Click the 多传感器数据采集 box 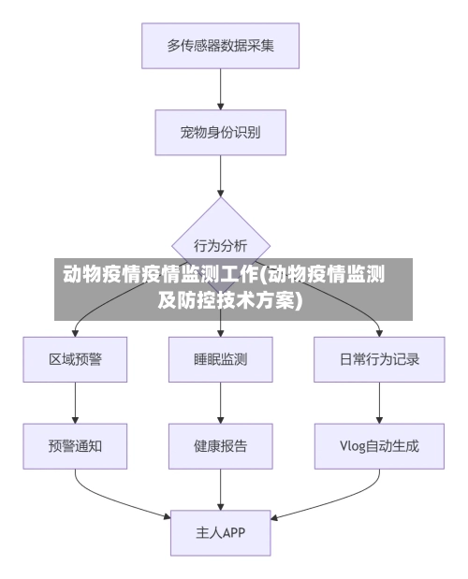click(221, 45)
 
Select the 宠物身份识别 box click(221, 133)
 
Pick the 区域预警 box click(75, 358)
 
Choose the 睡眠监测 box click(221, 358)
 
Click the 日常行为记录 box click(379, 358)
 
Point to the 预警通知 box click(75, 446)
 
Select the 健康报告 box click(221, 446)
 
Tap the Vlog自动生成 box click(379, 446)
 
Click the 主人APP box click(221, 533)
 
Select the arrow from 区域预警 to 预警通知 click(75, 402)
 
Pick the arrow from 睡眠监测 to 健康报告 click(221, 402)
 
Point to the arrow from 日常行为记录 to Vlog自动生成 click(379, 402)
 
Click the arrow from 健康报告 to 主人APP click(221, 489)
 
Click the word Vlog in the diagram click(353, 446)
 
